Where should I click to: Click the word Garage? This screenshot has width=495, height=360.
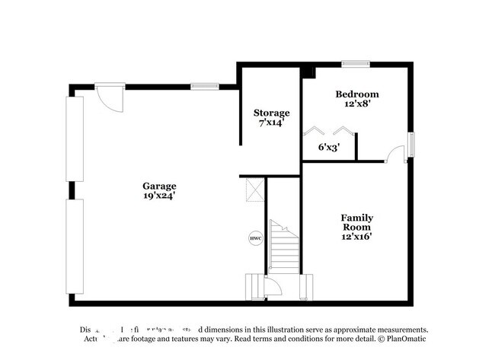(159, 186)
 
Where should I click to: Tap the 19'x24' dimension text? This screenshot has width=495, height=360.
(159, 196)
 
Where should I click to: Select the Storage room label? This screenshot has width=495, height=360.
(271, 113)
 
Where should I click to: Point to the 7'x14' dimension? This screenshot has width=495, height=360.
(270, 122)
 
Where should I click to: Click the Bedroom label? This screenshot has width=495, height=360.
(357, 94)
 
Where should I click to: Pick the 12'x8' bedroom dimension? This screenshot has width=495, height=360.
(357, 104)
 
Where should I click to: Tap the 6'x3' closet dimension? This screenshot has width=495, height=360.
(329, 148)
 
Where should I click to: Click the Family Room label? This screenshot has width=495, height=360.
(357, 222)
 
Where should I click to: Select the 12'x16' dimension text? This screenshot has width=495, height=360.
(357, 236)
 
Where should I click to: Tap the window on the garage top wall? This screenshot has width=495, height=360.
(205, 86)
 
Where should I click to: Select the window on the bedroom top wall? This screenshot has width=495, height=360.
(356, 64)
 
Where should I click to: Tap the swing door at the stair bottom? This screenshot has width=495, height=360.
(272, 287)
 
